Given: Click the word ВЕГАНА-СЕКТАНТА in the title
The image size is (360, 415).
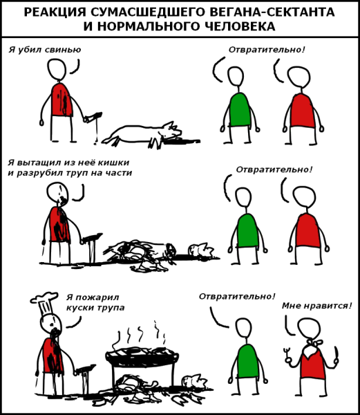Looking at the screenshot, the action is [274, 12].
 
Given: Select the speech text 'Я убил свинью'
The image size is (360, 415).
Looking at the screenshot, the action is [45, 50].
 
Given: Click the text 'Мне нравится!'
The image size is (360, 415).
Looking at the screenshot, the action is [317, 306].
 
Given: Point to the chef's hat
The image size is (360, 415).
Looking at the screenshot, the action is [44, 304].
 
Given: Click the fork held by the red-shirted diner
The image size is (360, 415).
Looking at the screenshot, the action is [287, 356].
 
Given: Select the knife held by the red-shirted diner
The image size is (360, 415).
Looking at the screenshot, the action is [336, 355].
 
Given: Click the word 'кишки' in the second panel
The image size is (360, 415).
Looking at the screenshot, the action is [115, 163].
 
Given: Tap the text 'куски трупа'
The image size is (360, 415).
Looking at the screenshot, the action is [95, 308].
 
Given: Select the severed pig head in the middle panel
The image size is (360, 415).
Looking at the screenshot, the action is [201, 250].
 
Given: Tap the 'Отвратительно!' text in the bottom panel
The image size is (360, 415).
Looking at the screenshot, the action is [237, 297].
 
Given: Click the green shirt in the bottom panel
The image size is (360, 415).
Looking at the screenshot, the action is [248, 361].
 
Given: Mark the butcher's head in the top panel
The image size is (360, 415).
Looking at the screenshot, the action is [57, 68].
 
